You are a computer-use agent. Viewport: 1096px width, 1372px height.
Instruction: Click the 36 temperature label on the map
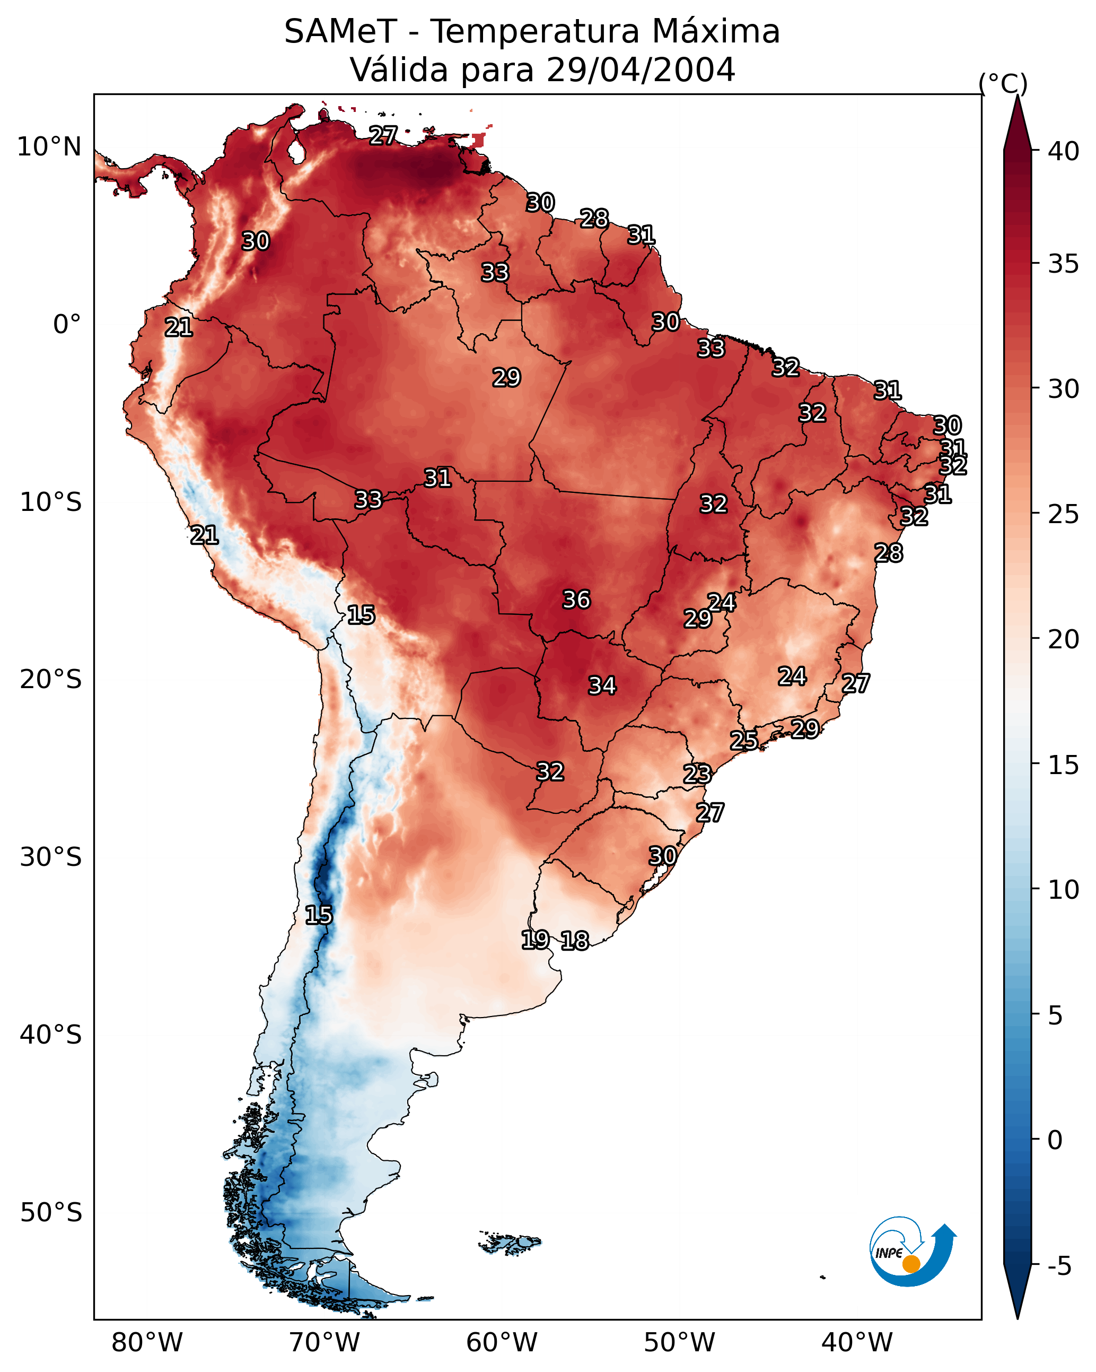576,600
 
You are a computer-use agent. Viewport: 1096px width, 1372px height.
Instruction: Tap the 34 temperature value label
602,685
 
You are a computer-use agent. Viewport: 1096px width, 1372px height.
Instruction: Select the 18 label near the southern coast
575,940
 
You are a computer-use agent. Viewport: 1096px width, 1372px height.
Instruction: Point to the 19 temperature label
535,939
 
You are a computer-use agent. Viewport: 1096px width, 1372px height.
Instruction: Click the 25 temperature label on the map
743,740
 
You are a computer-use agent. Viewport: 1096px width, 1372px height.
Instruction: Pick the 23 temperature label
697,774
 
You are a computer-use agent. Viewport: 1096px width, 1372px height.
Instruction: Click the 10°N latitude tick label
49,147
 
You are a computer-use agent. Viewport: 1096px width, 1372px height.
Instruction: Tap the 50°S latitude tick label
51,1213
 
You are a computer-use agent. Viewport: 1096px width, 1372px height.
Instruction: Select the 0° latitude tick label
67,325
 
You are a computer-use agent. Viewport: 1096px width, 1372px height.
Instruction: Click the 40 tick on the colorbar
1064,151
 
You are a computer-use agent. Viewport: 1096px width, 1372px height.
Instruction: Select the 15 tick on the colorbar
1064,766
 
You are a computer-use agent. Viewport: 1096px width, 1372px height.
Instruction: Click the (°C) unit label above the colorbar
1003,83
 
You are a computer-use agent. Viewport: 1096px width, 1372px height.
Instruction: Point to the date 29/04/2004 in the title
641,70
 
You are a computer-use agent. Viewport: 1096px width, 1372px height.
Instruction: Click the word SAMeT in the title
340,32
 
